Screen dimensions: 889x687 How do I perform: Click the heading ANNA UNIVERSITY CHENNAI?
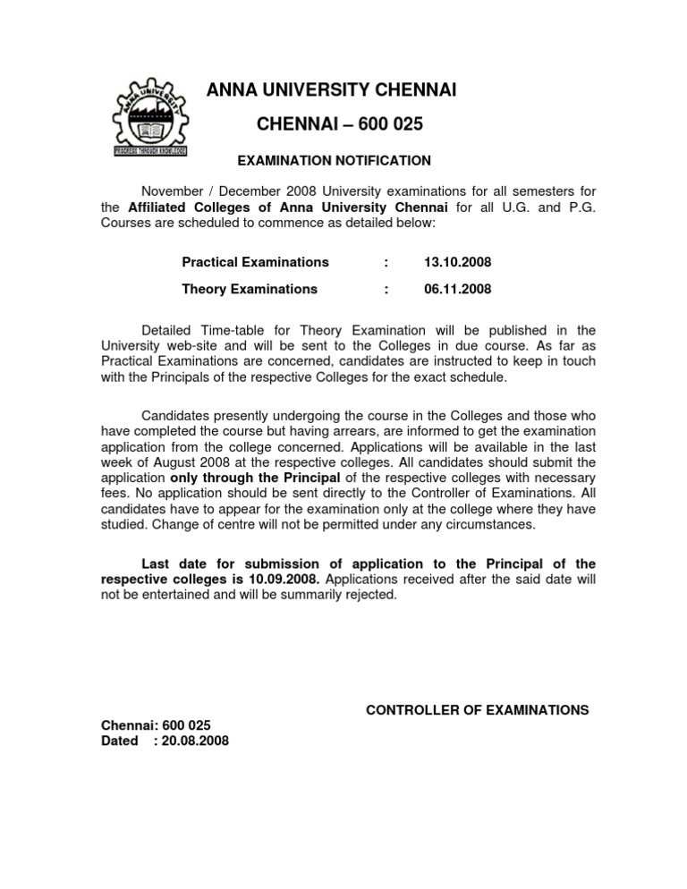pos(332,90)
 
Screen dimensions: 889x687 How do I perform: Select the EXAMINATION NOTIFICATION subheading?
pos(334,161)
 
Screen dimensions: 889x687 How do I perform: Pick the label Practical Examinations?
pos(255,262)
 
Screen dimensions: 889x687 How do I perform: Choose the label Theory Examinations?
pos(249,289)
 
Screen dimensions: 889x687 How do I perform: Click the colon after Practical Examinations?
pos(386,262)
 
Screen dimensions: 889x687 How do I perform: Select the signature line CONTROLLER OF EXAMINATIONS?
pos(478,710)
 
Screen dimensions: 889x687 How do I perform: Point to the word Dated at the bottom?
pos(120,741)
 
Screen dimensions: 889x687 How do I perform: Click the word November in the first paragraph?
pos(174,190)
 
